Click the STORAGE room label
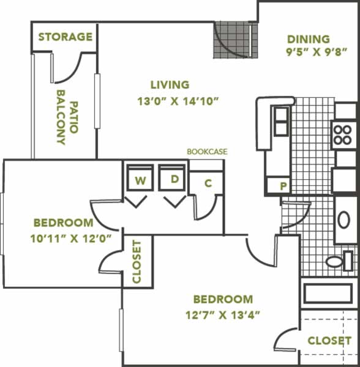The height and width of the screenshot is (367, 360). pos(66,37)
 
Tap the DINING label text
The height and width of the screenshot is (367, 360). pos(309,39)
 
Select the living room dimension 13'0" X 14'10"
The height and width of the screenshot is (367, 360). pos(178,102)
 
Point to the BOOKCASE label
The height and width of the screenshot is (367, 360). pos(207,152)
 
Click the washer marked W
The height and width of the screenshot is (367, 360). pos(140,177)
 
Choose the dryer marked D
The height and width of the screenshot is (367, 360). pos(172,177)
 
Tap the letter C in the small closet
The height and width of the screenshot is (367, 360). pos(208,183)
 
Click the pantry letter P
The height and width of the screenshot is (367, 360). pos(283,186)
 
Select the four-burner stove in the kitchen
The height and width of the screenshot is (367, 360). pos(344,135)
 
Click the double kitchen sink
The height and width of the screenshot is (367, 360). pos(281,121)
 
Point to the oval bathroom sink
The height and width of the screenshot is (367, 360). pos(344,220)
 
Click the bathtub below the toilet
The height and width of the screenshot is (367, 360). pos(328,293)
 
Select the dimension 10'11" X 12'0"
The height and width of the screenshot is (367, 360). pos(71,239)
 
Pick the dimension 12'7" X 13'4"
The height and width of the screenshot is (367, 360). pos(223,315)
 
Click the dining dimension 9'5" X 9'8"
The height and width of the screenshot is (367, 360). pos(317,52)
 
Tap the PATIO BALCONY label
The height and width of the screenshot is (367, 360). pos(67,117)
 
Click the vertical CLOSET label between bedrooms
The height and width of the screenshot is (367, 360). pos(137,262)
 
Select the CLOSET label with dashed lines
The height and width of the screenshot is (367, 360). pos(329,341)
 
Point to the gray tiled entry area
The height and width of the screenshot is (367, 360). pos(235,40)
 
